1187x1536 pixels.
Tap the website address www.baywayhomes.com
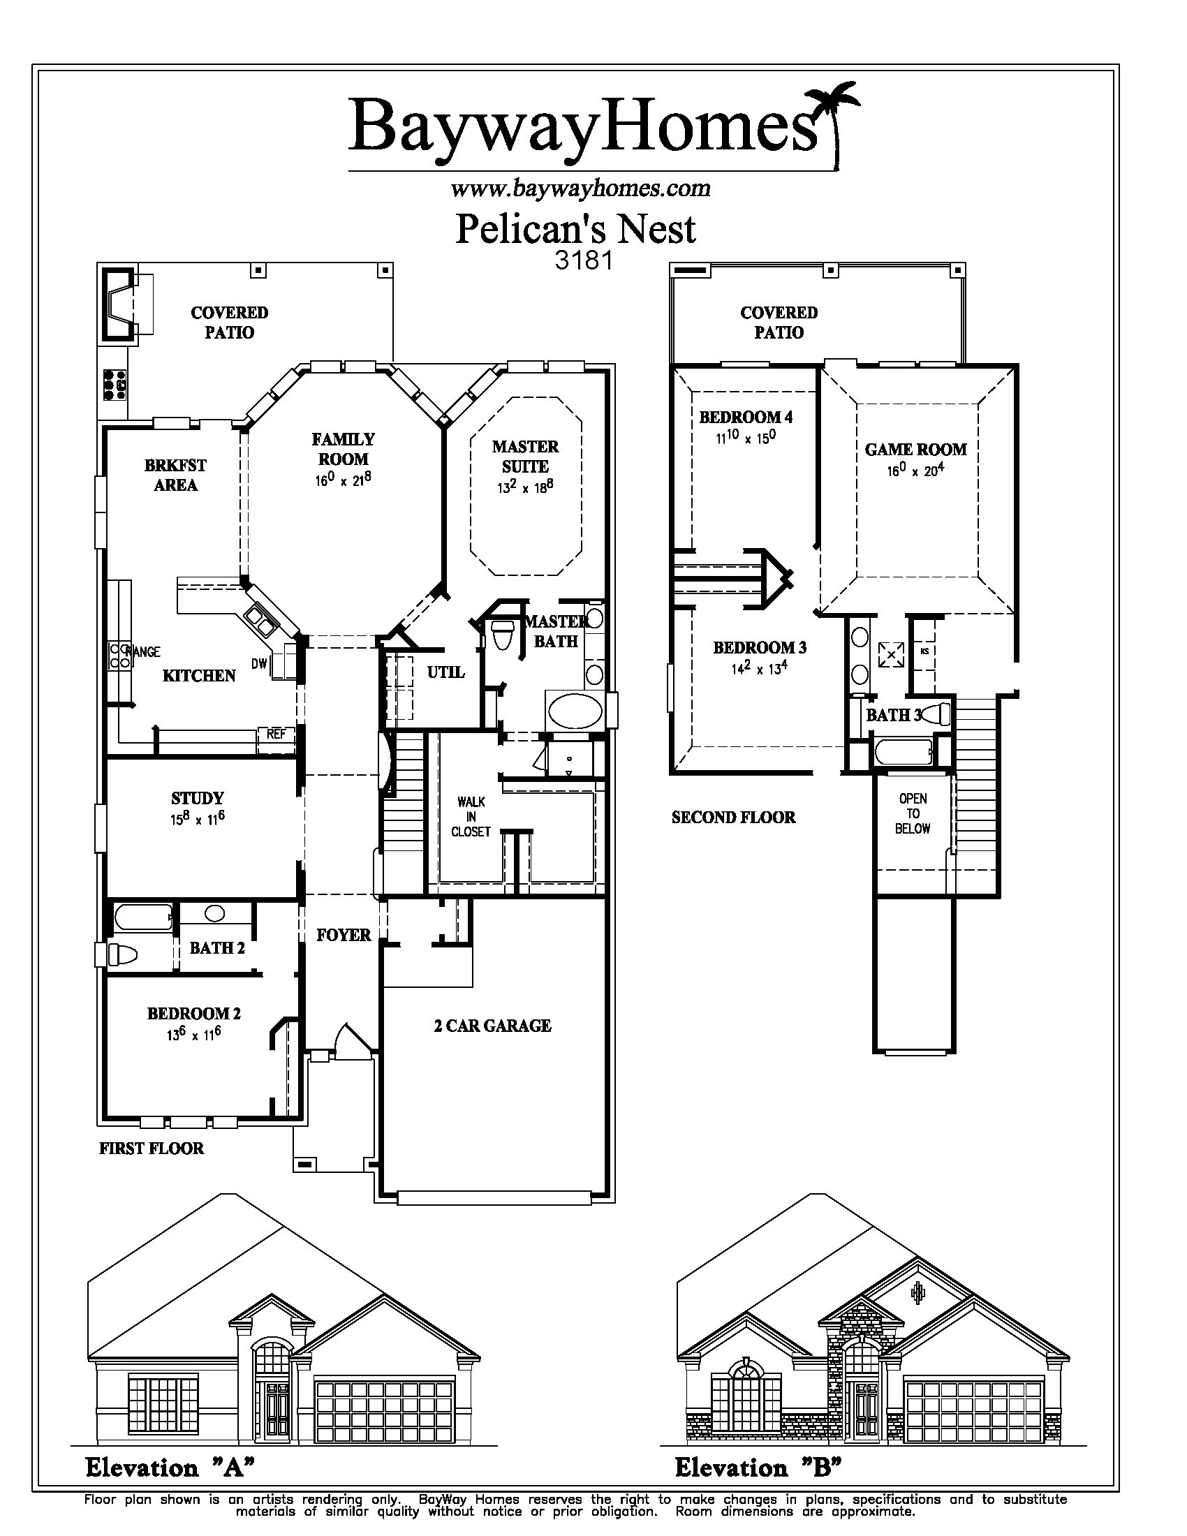[580, 189]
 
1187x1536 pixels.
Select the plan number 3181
[584, 260]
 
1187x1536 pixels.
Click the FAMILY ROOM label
[343, 449]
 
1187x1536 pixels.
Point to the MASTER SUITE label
[525, 457]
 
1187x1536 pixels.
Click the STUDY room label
[198, 798]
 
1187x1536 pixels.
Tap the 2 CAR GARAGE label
[492, 1026]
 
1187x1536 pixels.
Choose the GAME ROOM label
[915, 450]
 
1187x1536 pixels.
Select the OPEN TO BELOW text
[913, 813]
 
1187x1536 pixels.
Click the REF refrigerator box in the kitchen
[276, 734]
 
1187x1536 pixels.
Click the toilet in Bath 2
[121, 954]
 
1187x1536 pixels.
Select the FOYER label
[343, 935]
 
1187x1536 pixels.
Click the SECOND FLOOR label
[733, 818]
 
